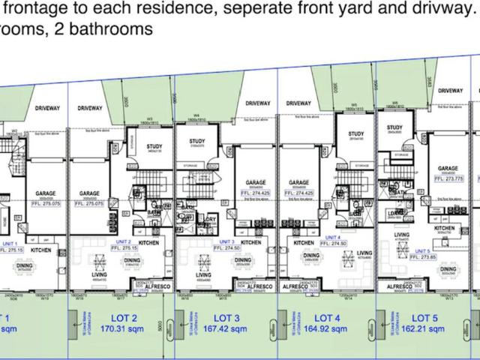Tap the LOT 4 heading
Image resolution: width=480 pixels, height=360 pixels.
[328, 317]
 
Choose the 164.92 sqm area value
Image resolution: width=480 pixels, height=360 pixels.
[328, 328]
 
